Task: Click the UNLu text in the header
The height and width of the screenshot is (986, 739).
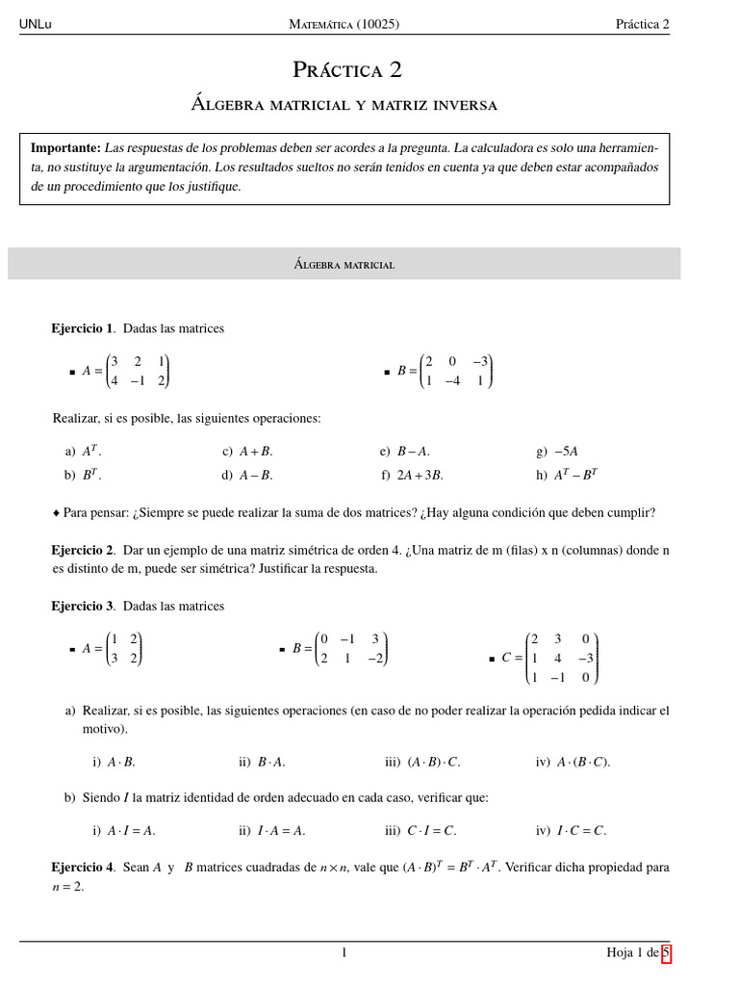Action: coord(36,24)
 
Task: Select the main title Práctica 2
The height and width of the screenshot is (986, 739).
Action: coord(347,69)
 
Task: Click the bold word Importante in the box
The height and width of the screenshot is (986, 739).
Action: coord(65,148)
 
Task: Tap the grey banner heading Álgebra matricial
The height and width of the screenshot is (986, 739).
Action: coord(344,264)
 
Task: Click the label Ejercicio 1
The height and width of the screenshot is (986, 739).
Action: coord(82,328)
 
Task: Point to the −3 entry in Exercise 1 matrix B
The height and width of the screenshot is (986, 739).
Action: coord(480,362)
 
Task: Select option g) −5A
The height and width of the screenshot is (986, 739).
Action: coord(557,451)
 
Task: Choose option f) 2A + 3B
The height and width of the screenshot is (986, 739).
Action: coord(412,475)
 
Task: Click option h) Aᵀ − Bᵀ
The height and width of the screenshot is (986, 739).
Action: coord(567,475)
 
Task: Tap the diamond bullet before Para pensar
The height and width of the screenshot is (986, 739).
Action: coord(56,513)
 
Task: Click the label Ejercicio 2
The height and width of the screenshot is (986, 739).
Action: coord(82,550)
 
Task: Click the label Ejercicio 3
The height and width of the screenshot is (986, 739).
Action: coord(82,606)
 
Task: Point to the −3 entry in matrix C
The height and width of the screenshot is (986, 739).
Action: coord(585,659)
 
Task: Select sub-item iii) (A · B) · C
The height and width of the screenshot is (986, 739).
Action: coord(422,762)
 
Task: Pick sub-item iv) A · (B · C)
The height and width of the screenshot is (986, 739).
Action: coord(573,762)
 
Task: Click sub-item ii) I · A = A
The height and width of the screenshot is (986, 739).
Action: coord(271,830)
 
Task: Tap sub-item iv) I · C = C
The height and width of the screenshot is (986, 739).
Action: coord(571,830)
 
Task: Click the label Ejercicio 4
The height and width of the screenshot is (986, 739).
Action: coord(82,867)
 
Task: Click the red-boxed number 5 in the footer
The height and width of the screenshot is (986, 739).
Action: coord(666,953)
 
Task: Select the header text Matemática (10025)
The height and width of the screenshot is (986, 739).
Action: coord(344,24)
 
